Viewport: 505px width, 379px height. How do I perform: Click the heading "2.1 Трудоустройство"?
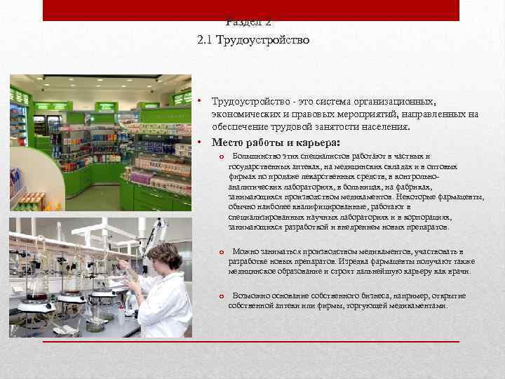(x=253, y=41)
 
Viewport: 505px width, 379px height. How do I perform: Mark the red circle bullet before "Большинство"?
(x=221, y=157)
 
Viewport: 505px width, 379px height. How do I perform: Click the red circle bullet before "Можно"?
(x=221, y=252)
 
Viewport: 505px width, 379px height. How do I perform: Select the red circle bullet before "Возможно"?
(x=221, y=296)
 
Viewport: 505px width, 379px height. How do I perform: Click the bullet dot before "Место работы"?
(x=200, y=142)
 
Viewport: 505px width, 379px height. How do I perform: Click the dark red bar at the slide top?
(x=252, y=9)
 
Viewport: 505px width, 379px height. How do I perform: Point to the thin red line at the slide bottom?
(x=252, y=342)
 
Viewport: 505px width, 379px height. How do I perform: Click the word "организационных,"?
(x=397, y=102)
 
